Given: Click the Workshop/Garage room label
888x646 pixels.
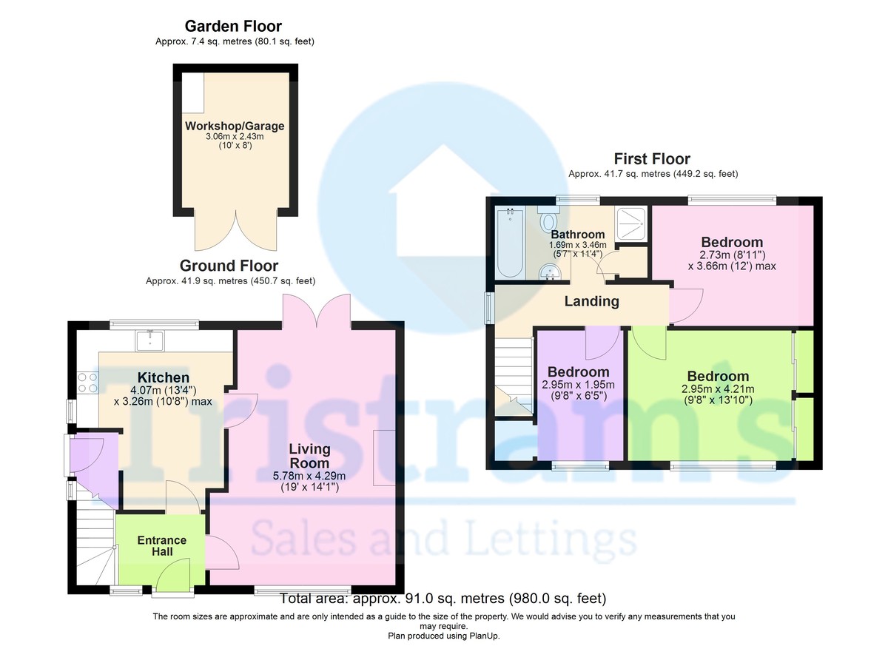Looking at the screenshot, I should pos(234,126).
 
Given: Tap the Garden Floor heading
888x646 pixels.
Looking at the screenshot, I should pos(233,27).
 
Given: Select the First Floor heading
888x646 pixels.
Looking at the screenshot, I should pos(652,159).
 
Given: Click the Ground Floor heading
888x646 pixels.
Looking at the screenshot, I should pos(229,266).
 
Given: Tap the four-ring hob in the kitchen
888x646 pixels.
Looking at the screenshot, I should pos(87,383).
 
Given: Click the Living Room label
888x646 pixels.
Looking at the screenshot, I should pos(309,456).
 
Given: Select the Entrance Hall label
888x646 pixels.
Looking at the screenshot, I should pos(162,545).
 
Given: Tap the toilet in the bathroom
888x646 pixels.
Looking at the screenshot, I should pos(549,221).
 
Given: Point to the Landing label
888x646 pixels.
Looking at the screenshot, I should pos(591,301).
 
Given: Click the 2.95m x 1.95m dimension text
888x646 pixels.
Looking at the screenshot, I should pos(578,385).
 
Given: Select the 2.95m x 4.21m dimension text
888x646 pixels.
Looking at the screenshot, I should pos(717,389).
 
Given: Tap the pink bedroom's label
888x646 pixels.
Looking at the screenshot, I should pos(731,242).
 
